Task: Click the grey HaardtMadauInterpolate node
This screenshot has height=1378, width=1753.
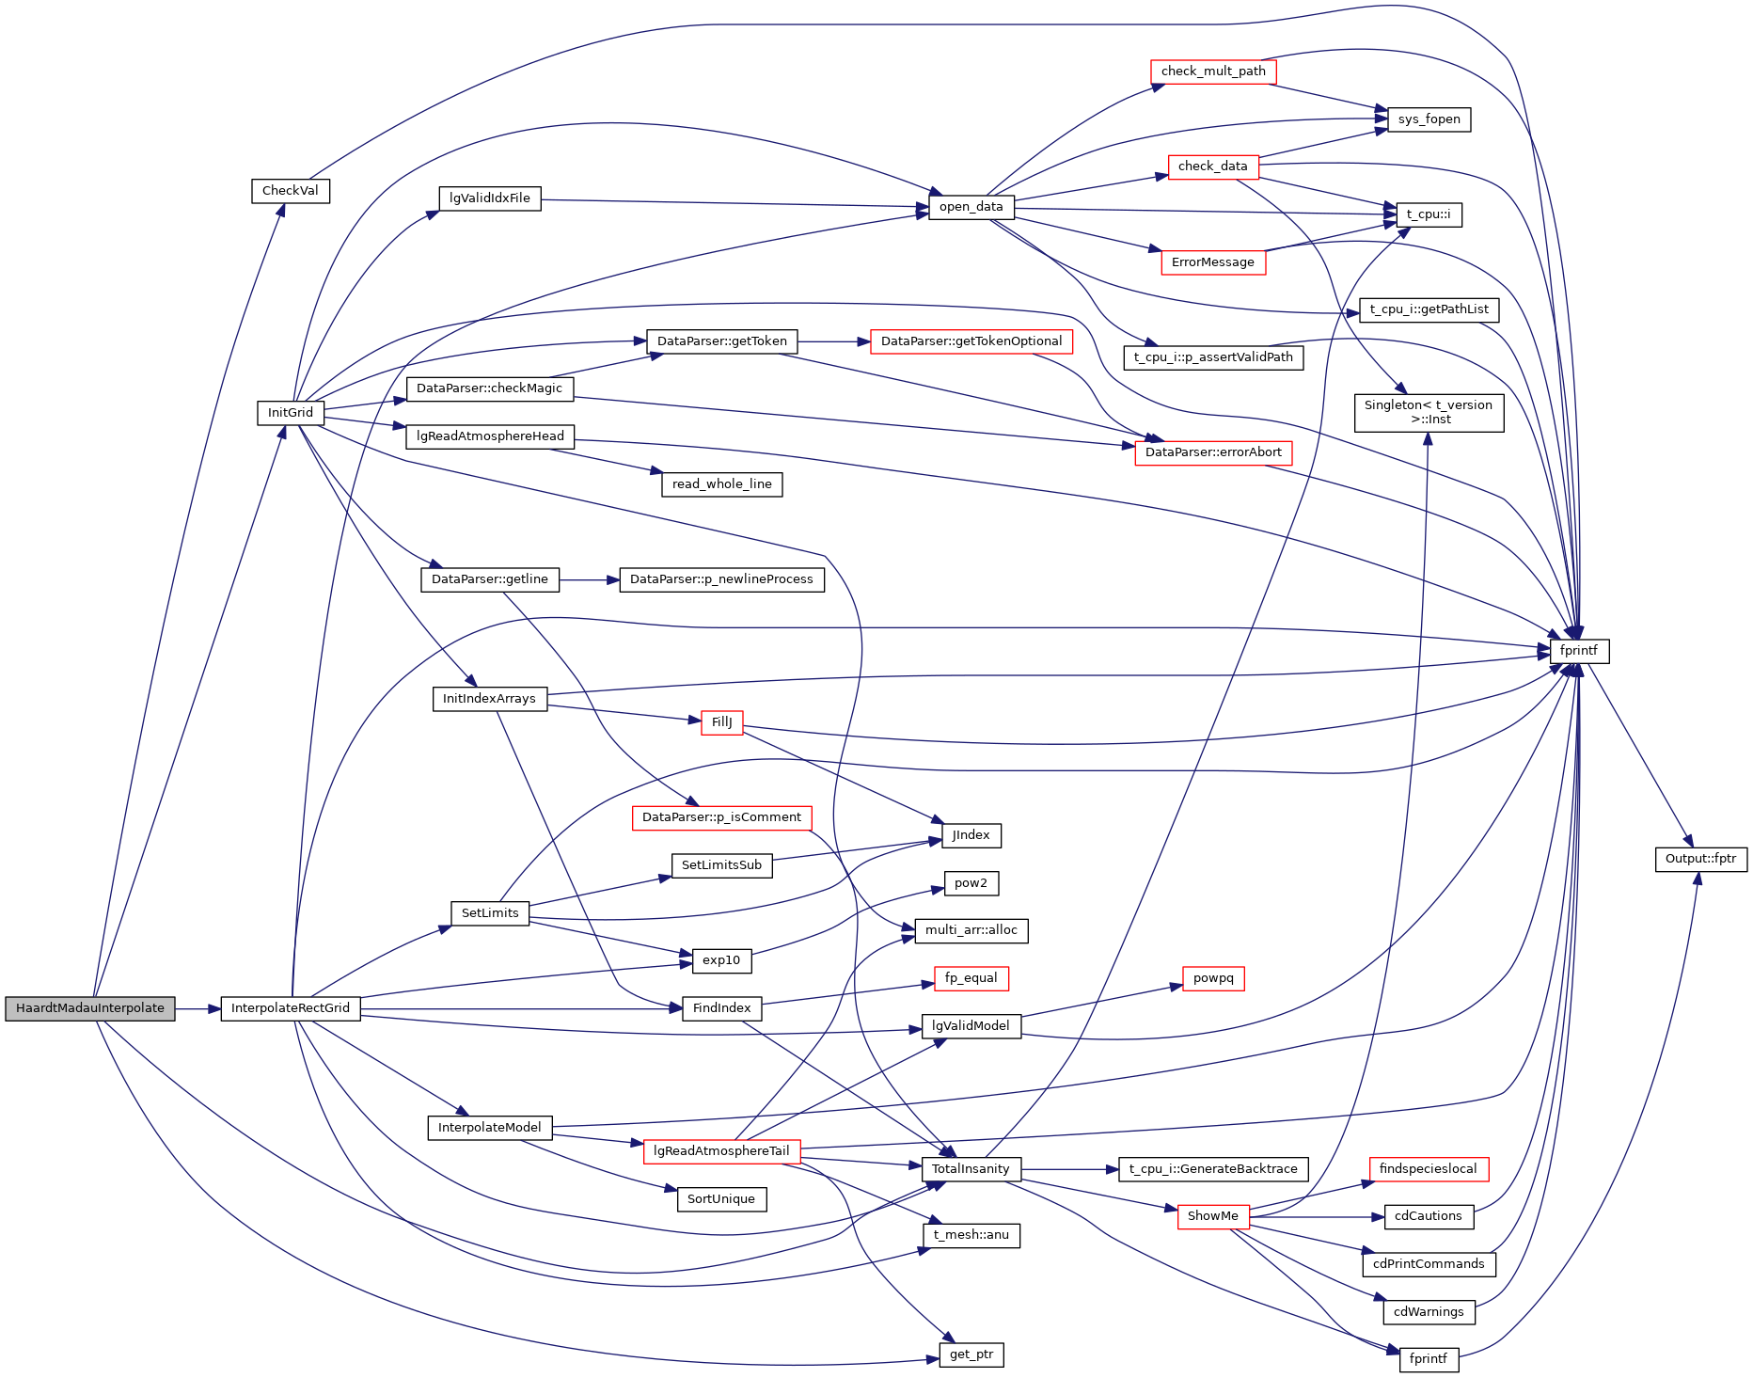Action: coord(90,1008)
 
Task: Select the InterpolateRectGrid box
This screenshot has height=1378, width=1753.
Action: coord(290,1008)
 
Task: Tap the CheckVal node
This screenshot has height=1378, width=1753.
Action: coord(290,191)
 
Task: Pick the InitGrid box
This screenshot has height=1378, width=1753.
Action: coord(290,413)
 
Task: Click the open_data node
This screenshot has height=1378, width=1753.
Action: coord(971,207)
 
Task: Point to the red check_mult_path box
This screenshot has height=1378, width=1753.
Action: coord(1213,71)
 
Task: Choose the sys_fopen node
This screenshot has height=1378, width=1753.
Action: coord(1429,119)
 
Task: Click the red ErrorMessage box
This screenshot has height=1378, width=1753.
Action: coord(1212,262)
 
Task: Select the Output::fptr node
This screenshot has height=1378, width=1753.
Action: coord(1700,859)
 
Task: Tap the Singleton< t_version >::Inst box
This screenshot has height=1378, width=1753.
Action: coord(1428,412)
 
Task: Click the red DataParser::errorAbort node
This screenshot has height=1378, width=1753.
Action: coord(1213,452)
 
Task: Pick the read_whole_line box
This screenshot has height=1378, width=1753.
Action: coord(721,484)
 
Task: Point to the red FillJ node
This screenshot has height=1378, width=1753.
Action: coord(721,722)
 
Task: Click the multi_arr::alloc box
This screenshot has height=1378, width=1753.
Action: coord(971,930)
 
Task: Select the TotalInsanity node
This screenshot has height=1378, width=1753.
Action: coord(971,1169)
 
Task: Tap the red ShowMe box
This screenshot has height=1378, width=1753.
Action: coord(1212,1216)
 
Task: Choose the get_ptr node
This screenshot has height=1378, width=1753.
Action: coord(971,1354)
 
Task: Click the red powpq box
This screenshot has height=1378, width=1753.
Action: coord(1212,978)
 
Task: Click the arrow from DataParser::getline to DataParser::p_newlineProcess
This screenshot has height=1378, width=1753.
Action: coord(589,579)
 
